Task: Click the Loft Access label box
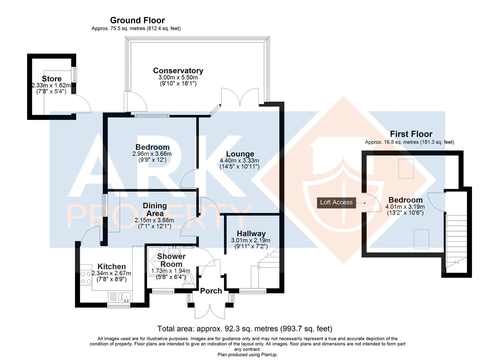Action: [336, 202]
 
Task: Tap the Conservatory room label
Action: [178, 71]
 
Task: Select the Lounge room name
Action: [240, 154]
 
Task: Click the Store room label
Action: [52, 79]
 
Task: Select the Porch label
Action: [211, 291]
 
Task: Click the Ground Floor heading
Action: [137, 20]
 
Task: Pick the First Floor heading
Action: [411, 134]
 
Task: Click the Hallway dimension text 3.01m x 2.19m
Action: [250, 240]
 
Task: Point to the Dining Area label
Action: [155, 209]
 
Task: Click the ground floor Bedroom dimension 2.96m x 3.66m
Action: [152, 154]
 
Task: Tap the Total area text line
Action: [245, 329]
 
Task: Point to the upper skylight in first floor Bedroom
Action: [406, 168]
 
